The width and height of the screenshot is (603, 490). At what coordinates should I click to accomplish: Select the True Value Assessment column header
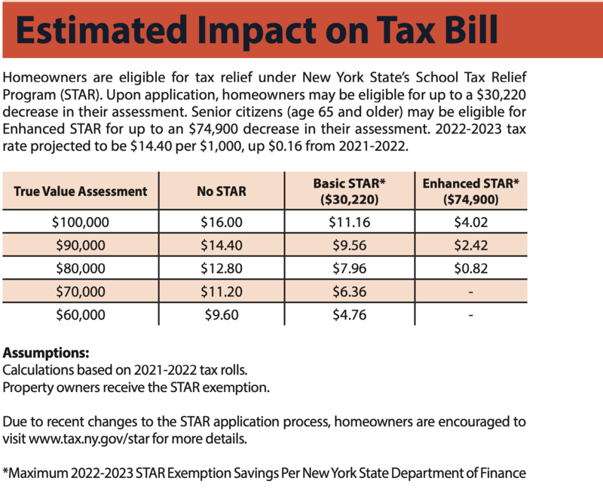point(81,191)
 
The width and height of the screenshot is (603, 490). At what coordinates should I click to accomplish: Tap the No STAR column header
point(221,191)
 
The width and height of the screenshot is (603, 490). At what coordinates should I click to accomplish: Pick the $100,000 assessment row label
point(81,222)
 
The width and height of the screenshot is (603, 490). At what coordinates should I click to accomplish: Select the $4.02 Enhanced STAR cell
point(470,222)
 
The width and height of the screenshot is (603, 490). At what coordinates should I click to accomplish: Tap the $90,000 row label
point(81,246)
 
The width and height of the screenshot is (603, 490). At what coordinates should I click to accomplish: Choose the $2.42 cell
point(470,246)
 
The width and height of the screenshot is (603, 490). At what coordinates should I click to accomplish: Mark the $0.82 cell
point(470,268)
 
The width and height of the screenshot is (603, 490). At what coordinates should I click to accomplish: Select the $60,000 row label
point(81,315)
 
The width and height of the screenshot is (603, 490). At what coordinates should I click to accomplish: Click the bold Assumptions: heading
point(46,352)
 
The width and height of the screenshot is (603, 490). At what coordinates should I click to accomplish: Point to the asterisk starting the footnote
point(7,472)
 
